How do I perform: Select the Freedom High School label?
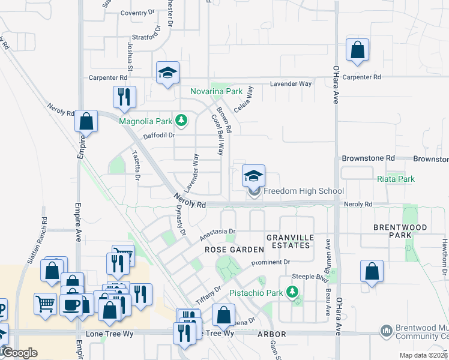pyautogui.click(x=304, y=191)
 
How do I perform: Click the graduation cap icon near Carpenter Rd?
pyautogui.click(x=167, y=73)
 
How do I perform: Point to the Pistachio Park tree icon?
pyautogui.click(x=292, y=292)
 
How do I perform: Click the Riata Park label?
pyautogui.click(x=396, y=179)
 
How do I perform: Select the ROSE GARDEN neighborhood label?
pyautogui.click(x=234, y=249)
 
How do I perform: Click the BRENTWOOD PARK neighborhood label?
pyautogui.click(x=400, y=231)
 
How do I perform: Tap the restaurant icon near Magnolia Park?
pyautogui.click(x=124, y=97)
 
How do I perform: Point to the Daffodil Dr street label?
pyautogui.click(x=158, y=136)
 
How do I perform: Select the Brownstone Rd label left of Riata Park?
pyautogui.click(x=368, y=158)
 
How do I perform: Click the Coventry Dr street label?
pyautogui.click(x=133, y=13)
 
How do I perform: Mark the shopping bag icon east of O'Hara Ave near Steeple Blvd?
pyautogui.click(x=372, y=271)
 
